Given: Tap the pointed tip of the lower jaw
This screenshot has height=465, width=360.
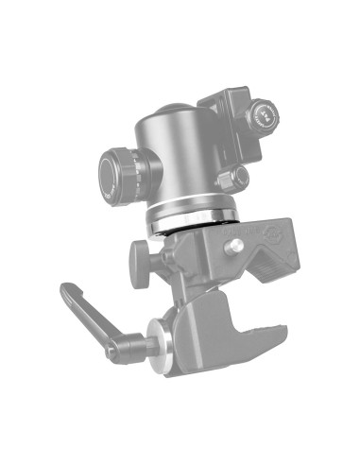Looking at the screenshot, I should (x=281, y=331).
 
